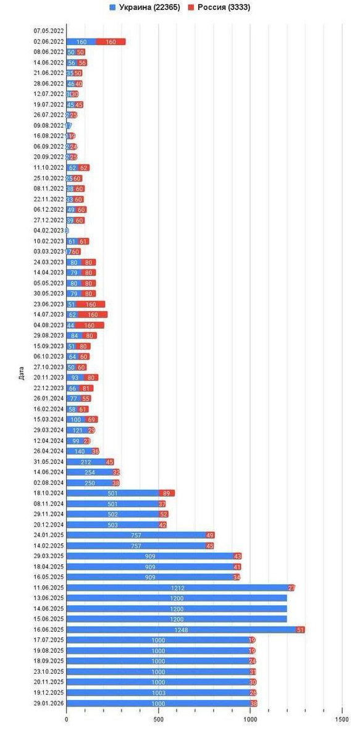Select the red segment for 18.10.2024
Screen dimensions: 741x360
tap(167, 493)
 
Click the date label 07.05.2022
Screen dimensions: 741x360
tap(49, 31)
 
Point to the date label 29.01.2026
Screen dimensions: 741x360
tap(49, 704)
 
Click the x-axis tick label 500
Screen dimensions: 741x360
tap(158, 719)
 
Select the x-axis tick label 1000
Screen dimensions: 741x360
tap(249, 719)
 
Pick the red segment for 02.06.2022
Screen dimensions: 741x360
tap(111, 42)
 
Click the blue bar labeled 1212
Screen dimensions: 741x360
tap(177, 588)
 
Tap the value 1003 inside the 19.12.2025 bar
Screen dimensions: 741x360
tap(158, 693)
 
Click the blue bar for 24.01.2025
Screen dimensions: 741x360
tap(136, 535)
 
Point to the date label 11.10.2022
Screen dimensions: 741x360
tap(49, 167)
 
